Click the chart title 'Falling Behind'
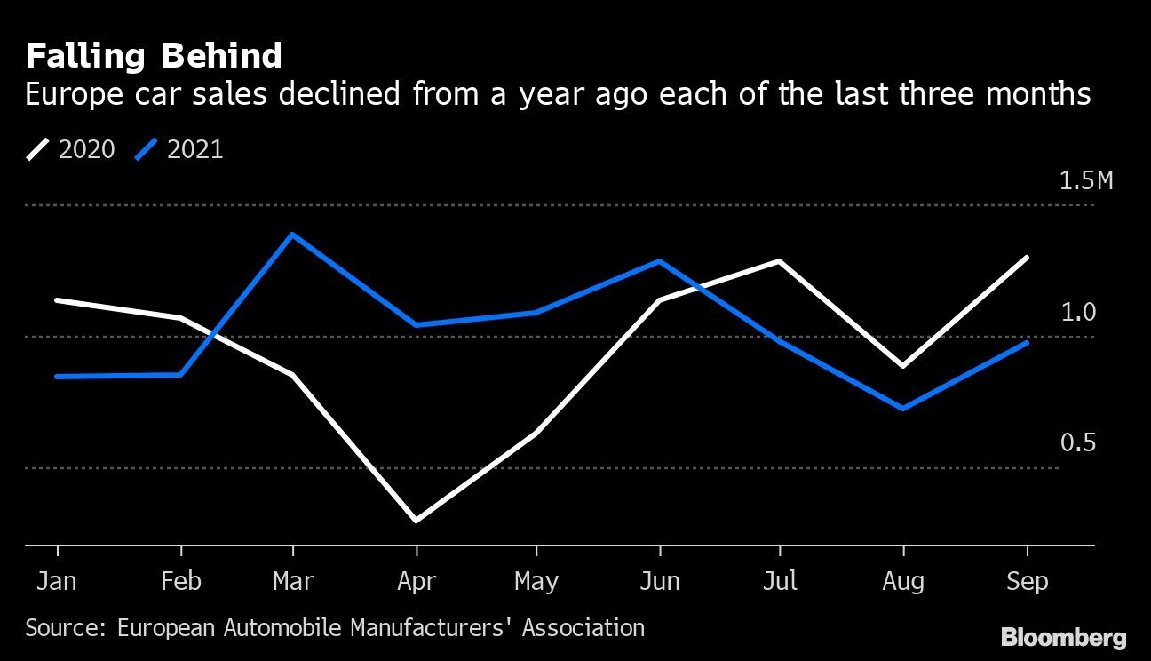click(x=154, y=57)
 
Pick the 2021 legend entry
click(x=179, y=149)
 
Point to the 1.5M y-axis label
click(x=1085, y=181)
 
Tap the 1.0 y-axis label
click(x=1078, y=313)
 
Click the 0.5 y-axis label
click(x=1078, y=443)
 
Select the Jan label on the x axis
click(x=57, y=582)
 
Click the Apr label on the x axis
click(x=417, y=582)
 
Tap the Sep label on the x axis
click(x=1027, y=582)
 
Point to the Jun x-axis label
click(x=659, y=582)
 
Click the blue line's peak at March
click(x=293, y=235)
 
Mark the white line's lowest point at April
click(x=417, y=520)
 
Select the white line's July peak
click(x=779, y=261)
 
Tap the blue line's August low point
click(x=903, y=409)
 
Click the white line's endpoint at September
click(x=1028, y=258)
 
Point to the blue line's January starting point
click(x=57, y=377)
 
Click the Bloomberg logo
click(x=1063, y=637)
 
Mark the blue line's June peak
click(x=659, y=261)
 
